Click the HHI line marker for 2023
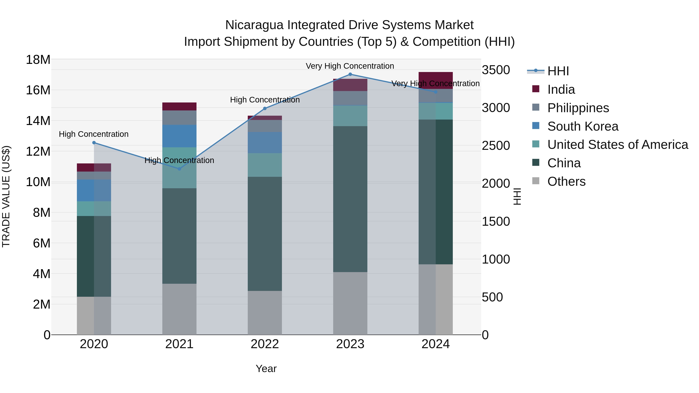pos(350,74)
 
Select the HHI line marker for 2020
pos(94,143)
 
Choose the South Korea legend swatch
pos(536,126)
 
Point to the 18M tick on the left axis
pos(38,60)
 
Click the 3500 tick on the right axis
pos(496,70)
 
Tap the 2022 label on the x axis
pos(265,344)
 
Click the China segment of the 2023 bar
pos(350,199)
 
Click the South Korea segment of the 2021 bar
pos(179,136)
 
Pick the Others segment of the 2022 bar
pos(265,313)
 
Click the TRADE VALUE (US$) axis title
pos(6,196)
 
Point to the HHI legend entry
pos(558,71)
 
